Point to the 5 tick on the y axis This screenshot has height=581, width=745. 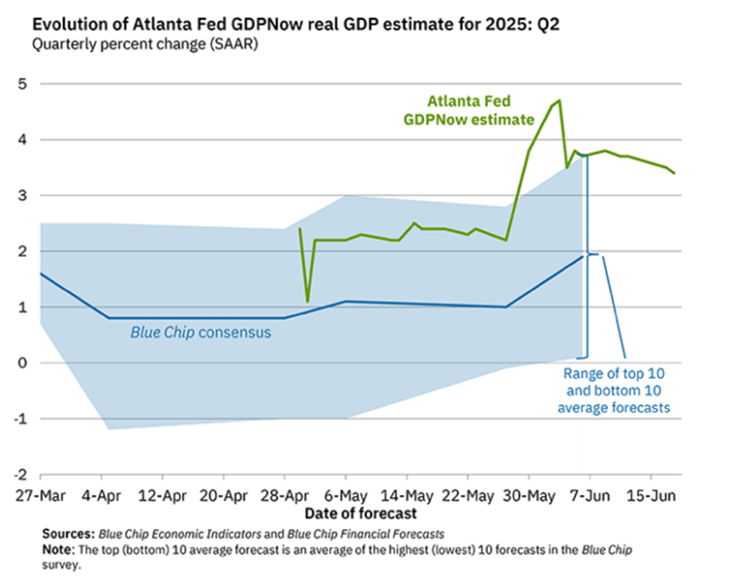click(x=23, y=84)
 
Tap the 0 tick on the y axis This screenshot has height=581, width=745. click(x=23, y=363)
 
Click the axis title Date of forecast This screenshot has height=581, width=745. click(x=361, y=514)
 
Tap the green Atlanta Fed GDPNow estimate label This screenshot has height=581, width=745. click(x=469, y=111)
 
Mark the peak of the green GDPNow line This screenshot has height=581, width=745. click(x=559, y=101)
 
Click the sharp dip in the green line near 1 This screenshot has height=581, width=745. click(x=307, y=301)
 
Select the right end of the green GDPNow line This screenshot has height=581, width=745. click(x=674, y=173)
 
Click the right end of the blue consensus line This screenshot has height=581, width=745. click(x=583, y=256)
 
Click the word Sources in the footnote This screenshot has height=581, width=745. click(x=70, y=535)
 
